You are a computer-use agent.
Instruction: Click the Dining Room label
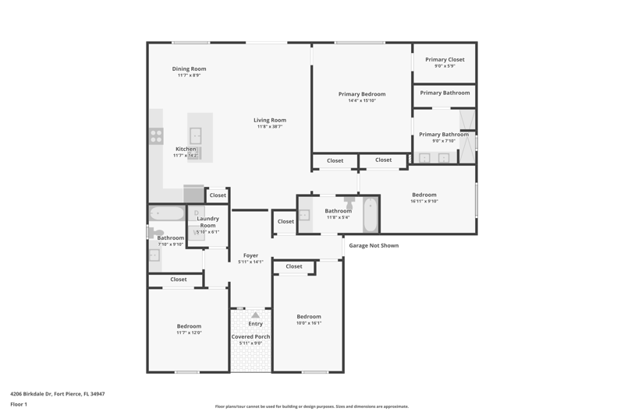pyautogui.click(x=189, y=69)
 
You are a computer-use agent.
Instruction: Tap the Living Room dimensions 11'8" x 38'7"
pyautogui.click(x=270, y=127)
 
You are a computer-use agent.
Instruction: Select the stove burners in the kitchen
pyautogui.click(x=156, y=135)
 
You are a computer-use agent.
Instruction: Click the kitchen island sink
pyautogui.click(x=196, y=135)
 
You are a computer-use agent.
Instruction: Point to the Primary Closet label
pyautogui.click(x=445, y=60)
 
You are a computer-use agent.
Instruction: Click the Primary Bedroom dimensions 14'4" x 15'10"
pyautogui.click(x=362, y=101)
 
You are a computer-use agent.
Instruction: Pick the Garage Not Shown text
pyautogui.click(x=374, y=245)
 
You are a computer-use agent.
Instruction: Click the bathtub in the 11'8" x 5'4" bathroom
pyautogui.click(x=370, y=215)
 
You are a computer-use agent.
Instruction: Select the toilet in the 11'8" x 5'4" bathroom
pyautogui.click(x=349, y=202)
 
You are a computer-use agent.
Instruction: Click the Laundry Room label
pyautogui.click(x=207, y=222)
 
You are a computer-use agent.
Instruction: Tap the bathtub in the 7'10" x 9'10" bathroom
pyautogui.click(x=167, y=213)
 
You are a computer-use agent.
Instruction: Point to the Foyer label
pyautogui.click(x=250, y=255)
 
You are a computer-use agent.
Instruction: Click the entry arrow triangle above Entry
pyautogui.click(x=256, y=315)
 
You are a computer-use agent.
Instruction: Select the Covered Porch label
pyautogui.click(x=250, y=337)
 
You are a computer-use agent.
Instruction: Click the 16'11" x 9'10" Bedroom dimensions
pyautogui.click(x=424, y=202)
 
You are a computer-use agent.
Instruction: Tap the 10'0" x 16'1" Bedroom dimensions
pyautogui.click(x=309, y=323)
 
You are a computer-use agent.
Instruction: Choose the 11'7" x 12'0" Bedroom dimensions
pyautogui.click(x=189, y=332)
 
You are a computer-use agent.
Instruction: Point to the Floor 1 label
pyautogui.click(x=19, y=404)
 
